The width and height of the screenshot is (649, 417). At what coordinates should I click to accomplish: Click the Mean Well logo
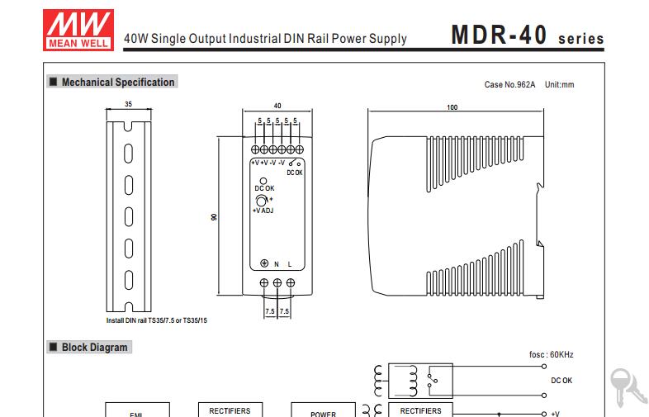tap(78, 31)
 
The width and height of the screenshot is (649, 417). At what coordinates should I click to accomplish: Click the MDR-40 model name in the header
tap(500, 35)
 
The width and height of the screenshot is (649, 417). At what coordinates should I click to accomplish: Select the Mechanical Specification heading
tap(118, 82)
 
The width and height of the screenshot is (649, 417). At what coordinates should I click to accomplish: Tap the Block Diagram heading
tap(95, 347)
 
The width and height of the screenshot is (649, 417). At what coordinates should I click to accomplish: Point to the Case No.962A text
tap(509, 84)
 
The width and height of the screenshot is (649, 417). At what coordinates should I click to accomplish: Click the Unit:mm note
tap(559, 84)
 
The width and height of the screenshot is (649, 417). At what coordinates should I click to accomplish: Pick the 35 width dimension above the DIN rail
tap(128, 104)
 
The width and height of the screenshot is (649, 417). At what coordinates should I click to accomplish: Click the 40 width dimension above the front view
tap(277, 106)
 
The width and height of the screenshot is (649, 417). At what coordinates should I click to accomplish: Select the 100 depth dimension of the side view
tap(452, 107)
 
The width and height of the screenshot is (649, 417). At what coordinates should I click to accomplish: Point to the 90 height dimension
tap(214, 216)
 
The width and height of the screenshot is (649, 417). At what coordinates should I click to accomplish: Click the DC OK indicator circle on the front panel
tap(263, 181)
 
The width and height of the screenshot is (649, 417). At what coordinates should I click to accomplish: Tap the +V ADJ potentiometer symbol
tap(261, 201)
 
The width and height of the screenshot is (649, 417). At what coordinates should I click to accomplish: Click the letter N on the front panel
tap(277, 264)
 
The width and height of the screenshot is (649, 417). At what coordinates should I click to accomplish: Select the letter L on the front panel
tap(290, 264)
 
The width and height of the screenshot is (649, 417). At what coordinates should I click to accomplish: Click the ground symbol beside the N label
tap(264, 263)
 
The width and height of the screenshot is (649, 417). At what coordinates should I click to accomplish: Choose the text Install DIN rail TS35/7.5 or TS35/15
tap(156, 320)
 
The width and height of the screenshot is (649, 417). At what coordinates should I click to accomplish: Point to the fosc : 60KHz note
tap(551, 354)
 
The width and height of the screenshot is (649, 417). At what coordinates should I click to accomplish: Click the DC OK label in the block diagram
tap(561, 380)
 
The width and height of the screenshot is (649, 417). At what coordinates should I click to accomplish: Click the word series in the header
tap(580, 39)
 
